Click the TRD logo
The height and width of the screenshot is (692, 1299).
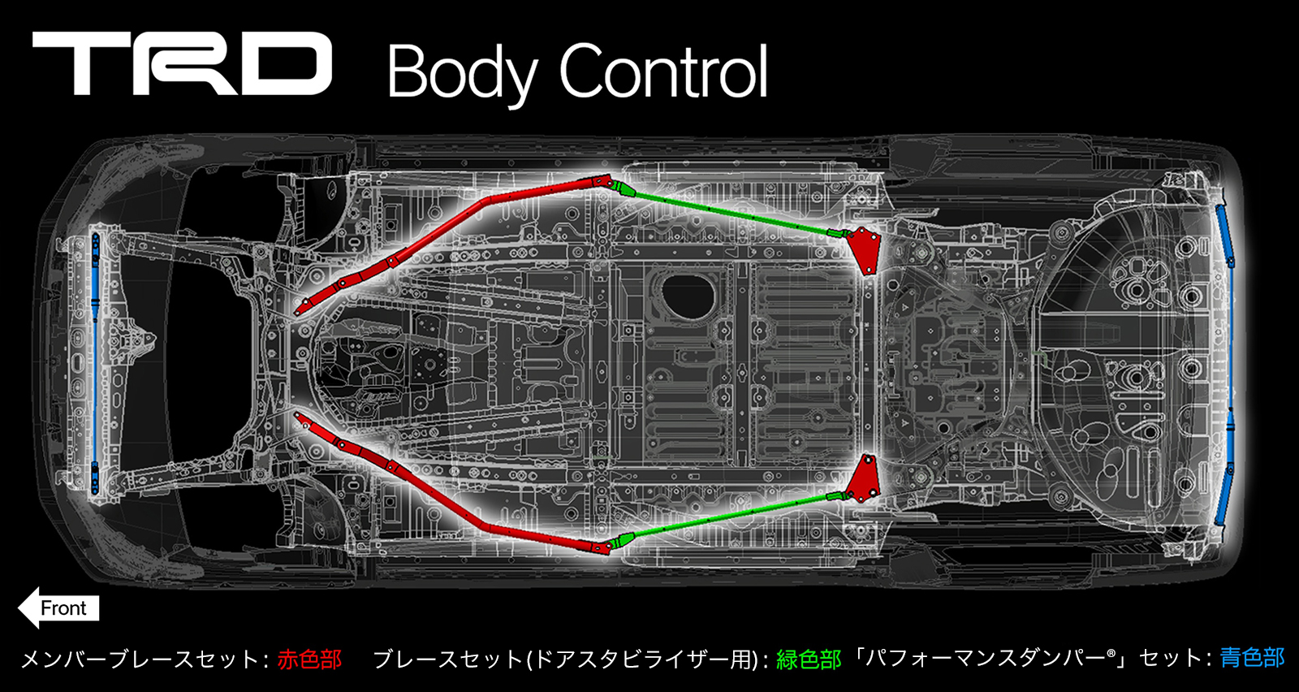coord(182,64)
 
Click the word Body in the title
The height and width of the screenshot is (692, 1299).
coord(461,73)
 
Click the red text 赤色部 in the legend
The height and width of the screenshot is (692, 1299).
coord(309,659)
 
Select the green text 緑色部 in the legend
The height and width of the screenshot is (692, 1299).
coord(808,659)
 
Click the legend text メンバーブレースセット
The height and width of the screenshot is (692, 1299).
coord(139,659)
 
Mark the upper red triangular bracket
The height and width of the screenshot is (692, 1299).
coord(865,249)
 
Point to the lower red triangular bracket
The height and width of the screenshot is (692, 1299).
coord(865,480)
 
